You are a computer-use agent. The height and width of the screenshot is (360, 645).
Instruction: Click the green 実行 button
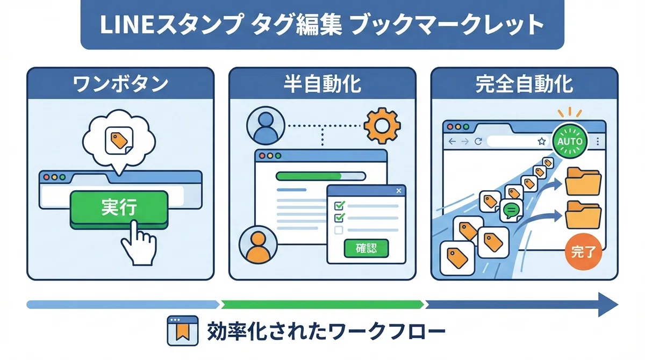coord(119,208)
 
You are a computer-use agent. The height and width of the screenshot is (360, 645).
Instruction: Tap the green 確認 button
coord(366,248)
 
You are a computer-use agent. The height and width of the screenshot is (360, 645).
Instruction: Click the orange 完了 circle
coord(583,252)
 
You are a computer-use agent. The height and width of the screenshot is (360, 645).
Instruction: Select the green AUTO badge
coord(570,141)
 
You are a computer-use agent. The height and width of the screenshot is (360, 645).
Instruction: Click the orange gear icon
coord(382,126)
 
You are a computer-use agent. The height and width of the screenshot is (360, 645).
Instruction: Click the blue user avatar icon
coord(266,126)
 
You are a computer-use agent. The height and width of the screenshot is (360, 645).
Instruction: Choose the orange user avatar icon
coord(258,245)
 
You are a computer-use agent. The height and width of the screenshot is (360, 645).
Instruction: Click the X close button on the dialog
coord(398,191)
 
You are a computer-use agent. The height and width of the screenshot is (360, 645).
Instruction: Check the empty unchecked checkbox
coord(339,230)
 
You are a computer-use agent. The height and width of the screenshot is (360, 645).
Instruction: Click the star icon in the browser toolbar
coord(542,141)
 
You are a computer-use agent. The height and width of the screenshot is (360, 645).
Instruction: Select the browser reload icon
coord(478,141)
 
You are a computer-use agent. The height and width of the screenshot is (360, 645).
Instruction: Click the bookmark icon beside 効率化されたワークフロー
coord(183,330)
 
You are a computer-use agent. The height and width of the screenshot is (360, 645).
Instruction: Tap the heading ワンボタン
coord(120,84)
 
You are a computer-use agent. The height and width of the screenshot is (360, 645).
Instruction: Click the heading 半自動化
coord(322,84)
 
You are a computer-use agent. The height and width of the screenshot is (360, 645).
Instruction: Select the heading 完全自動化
coord(524,84)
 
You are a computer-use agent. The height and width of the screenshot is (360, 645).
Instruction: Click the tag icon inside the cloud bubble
coord(119,141)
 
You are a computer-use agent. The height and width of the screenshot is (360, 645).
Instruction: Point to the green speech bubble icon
coord(511,210)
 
